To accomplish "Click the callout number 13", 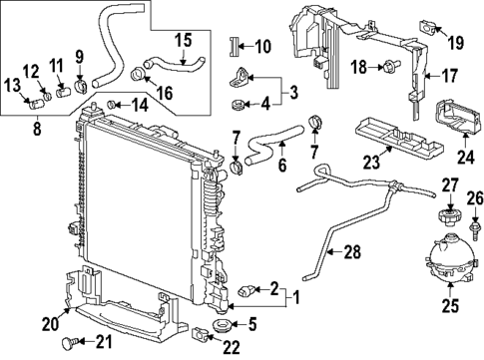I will [x=15, y=84].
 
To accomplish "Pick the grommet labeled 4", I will [x=239, y=103].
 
